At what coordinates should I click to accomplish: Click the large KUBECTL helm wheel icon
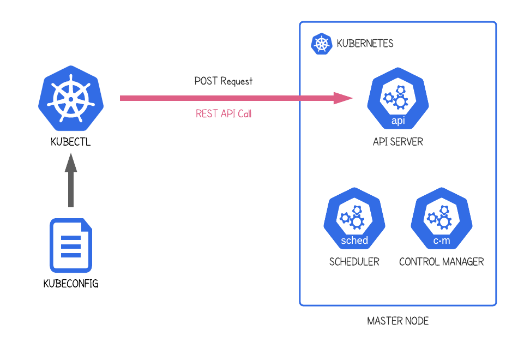click(70, 98)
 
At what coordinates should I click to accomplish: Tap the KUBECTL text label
click(70, 142)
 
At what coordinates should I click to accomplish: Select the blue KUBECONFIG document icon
click(71, 245)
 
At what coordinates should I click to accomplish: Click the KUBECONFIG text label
click(71, 284)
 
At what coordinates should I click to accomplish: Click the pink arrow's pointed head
click(344, 98)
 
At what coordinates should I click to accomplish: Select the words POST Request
click(224, 81)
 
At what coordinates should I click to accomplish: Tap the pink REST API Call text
click(224, 114)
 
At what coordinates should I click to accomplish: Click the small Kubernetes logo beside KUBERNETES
click(322, 44)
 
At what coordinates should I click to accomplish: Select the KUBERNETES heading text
click(365, 44)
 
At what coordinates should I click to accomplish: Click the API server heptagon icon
click(398, 98)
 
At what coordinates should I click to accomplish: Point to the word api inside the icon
click(398, 121)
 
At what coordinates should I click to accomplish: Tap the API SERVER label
click(398, 142)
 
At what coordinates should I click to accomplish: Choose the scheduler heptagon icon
click(354, 218)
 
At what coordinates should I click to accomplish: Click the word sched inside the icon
click(354, 241)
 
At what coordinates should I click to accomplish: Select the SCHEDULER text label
click(354, 262)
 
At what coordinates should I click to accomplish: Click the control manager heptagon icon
click(442, 218)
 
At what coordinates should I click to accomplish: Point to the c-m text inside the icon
click(442, 241)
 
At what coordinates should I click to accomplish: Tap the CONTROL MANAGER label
click(442, 262)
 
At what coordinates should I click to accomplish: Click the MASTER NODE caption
click(398, 321)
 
